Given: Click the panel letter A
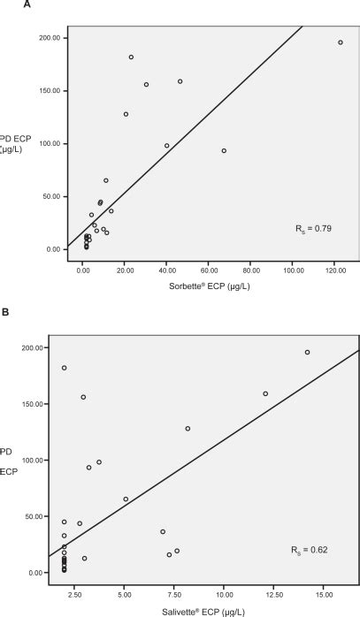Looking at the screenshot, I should (x=6, y=6).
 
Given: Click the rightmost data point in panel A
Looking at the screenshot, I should (x=341, y=42).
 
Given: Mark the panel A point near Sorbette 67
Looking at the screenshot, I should (x=224, y=151).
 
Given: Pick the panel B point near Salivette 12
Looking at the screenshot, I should (x=265, y=393).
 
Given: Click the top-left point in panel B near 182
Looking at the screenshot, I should (x=65, y=368).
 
